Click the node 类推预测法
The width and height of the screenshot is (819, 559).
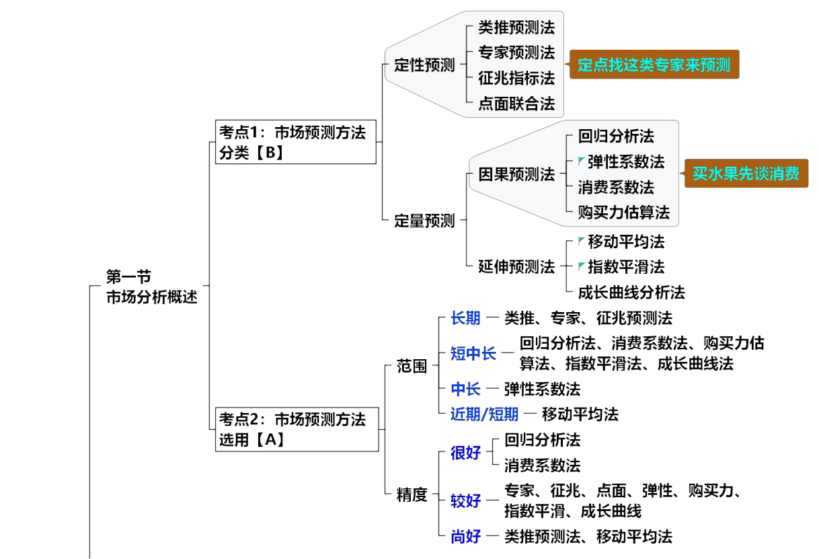click(x=516, y=28)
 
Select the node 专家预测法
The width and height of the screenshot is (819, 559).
click(x=516, y=52)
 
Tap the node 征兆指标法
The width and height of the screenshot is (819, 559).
click(x=516, y=78)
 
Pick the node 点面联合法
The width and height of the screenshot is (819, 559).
click(x=516, y=104)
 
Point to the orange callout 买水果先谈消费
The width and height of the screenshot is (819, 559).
click(x=746, y=174)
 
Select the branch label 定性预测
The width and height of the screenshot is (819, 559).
click(x=425, y=65)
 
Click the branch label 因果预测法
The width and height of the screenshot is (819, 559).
click(x=516, y=174)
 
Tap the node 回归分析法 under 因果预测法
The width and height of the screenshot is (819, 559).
click(x=616, y=137)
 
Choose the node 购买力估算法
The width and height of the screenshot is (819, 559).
click(x=624, y=213)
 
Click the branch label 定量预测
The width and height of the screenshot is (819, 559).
click(x=425, y=221)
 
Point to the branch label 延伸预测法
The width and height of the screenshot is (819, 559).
click(x=516, y=267)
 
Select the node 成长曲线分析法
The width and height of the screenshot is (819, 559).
click(x=631, y=292)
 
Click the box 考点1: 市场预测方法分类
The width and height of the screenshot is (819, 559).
click(x=296, y=142)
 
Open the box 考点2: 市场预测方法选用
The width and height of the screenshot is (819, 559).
click(x=296, y=429)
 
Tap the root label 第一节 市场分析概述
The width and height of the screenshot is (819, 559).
click(x=152, y=287)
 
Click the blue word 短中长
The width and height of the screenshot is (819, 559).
click(x=473, y=353)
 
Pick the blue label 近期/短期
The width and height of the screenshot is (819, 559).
click(x=484, y=414)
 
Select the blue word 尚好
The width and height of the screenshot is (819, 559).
click(x=466, y=536)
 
